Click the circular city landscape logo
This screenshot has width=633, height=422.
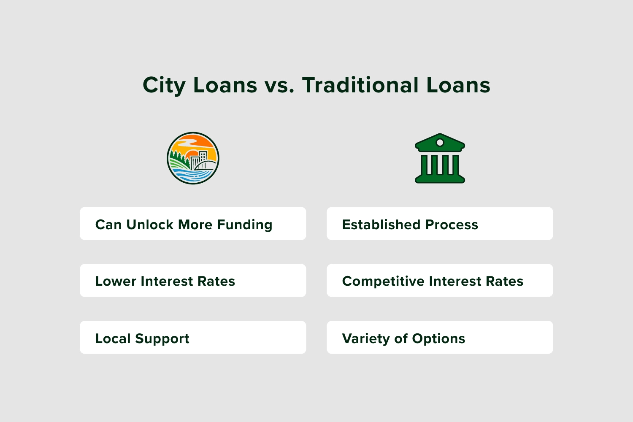coord(193,158)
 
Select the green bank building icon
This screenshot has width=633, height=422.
coord(440,158)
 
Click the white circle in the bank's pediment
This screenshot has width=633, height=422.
coord(440,143)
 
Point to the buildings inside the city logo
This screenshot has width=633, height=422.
coord(199,160)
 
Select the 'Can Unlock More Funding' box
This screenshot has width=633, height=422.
coord(193,224)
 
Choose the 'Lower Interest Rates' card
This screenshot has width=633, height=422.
coord(193,280)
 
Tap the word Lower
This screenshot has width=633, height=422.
coord(116,281)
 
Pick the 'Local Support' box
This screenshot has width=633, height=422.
coord(193,337)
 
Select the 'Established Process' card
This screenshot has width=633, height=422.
coord(440,224)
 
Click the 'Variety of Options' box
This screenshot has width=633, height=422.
coord(440,337)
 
